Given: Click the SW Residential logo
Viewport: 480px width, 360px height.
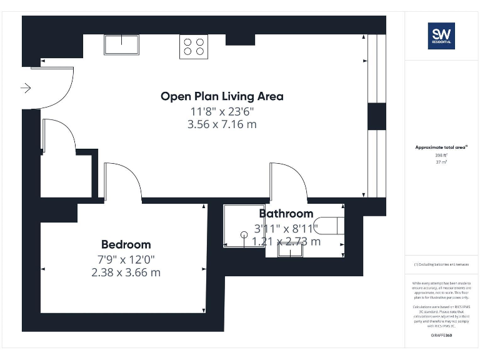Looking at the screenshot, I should pyautogui.click(x=441, y=36).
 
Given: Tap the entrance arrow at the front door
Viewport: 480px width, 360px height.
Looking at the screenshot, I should pyautogui.click(x=26, y=88).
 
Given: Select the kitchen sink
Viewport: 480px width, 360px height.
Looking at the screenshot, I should pyautogui.click(x=121, y=44).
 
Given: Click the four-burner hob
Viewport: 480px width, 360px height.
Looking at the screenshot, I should pyautogui.click(x=194, y=46).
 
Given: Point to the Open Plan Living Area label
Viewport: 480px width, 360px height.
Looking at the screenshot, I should pyautogui.click(x=222, y=96).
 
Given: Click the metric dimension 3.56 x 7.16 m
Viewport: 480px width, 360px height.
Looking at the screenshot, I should pyautogui.click(x=222, y=124).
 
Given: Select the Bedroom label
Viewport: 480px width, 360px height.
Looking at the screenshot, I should pyautogui.click(x=126, y=244).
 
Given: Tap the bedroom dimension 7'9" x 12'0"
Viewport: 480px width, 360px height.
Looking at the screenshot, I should pyautogui.click(x=126, y=259).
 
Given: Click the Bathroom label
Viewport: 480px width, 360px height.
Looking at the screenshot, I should pyautogui.click(x=286, y=214).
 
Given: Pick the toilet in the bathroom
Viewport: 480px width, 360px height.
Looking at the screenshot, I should pyautogui.click(x=331, y=225).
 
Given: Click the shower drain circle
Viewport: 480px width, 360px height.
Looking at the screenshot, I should pyautogui.click(x=244, y=234).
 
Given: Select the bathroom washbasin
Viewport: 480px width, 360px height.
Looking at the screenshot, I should pyautogui.click(x=293, y=249).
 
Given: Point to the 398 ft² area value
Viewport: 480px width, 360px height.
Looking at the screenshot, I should pyautogui.click(x=441, y=155).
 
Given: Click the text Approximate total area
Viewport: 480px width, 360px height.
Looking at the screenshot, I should pyautogui.click(x=441, y=147).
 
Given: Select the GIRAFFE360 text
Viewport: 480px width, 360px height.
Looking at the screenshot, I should pyautogui.click(x=441, y=336).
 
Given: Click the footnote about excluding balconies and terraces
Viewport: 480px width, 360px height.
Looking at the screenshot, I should pyautogui.click(x=441, y=264).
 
